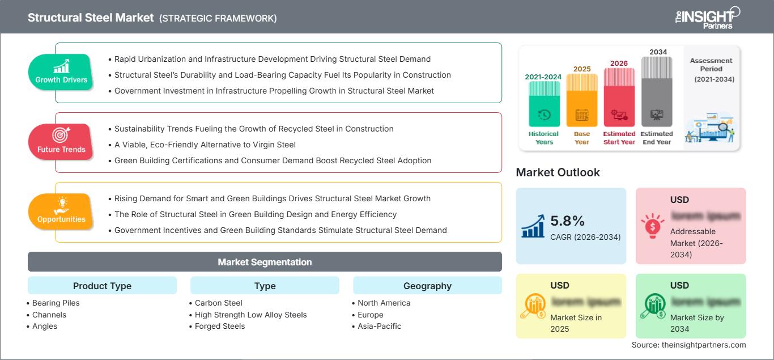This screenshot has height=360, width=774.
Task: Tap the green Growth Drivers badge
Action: tap(61, 72)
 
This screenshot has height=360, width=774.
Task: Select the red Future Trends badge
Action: tap(60, 142)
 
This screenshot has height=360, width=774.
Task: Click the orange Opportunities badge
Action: tap(61, 211)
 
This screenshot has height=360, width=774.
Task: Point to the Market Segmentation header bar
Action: tap(265, 262)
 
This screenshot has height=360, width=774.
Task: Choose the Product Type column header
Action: tap(102, 286)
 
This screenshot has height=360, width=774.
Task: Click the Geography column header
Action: tap(427, 286)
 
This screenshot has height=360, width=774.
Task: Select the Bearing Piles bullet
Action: tap(56, 303)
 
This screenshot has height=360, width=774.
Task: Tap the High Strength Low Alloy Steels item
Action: tap(250, 315)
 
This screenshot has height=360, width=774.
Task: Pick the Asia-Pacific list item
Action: tap(380, 326)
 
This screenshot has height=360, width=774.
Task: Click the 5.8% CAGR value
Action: tap(567, 221)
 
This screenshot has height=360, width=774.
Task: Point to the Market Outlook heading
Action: tap(558, 172)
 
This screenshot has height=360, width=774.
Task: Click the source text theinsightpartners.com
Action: tap(689, 345)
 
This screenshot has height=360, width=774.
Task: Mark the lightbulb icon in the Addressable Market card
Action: tap(652, 223)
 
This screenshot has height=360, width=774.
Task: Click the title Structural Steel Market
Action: tap(91, 18)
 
